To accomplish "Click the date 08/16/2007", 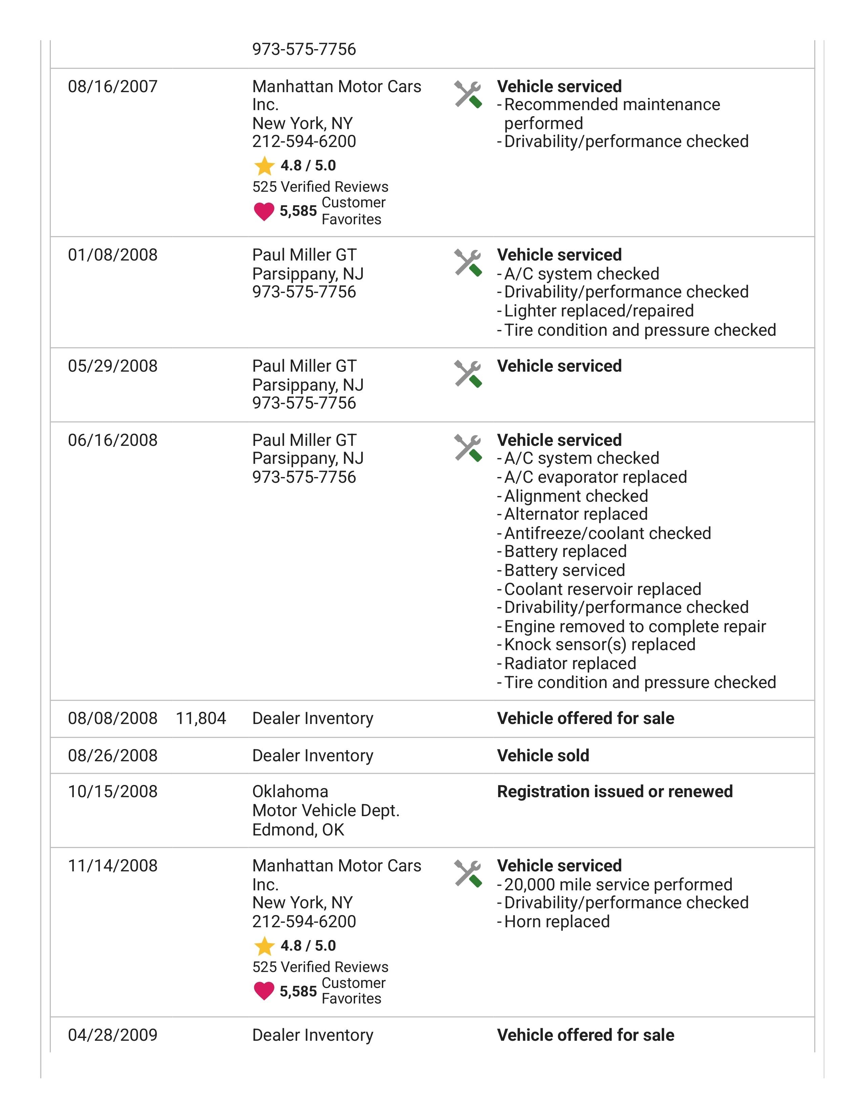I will point(112,86).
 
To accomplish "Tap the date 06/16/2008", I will point(112,440).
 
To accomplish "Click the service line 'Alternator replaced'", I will point(576,514).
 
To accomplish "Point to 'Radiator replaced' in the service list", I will point(570,663).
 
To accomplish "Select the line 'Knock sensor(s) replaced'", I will point(599,644).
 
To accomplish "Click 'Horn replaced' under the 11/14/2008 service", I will point(557,922).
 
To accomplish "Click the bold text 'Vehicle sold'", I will point(543,755).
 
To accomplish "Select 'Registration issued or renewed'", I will point(615,791).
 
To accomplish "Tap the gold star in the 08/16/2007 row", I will point(264,166).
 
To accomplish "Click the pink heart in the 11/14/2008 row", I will point(264,991).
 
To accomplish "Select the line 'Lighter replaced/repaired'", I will point(599,311).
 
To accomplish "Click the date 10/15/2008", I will point(112,791).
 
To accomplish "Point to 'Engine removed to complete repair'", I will point(635,626).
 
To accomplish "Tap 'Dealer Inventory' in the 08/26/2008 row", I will point(313,755).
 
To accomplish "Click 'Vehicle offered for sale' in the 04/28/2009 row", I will point(585,1035).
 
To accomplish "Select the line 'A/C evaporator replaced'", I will point(595,477).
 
